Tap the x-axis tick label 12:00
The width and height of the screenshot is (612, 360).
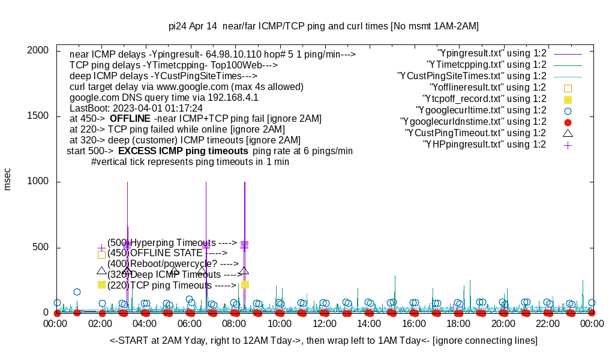pos(324,324)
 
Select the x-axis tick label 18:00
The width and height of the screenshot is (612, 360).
pos(458,324)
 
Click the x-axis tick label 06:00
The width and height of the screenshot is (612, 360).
pos(190,324)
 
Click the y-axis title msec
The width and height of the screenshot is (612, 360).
pos(8,179)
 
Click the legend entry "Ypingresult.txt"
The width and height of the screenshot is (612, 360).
pos(492,53)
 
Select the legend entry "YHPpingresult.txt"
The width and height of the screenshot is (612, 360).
pos(485,144)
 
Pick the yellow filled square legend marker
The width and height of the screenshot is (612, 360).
pos(568,99)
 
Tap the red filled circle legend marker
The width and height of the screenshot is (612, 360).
pos(568,122)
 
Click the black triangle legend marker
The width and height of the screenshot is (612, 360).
pos(568,133)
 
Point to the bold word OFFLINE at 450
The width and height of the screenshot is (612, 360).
pos(130,119)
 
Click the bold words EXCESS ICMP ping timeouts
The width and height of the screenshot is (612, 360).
pos(183,151)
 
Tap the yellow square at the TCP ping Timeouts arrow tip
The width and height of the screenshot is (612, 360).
pos(245,285)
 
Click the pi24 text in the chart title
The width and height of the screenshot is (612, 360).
pos(178,26)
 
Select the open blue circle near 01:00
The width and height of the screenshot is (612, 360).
pos(77,292)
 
